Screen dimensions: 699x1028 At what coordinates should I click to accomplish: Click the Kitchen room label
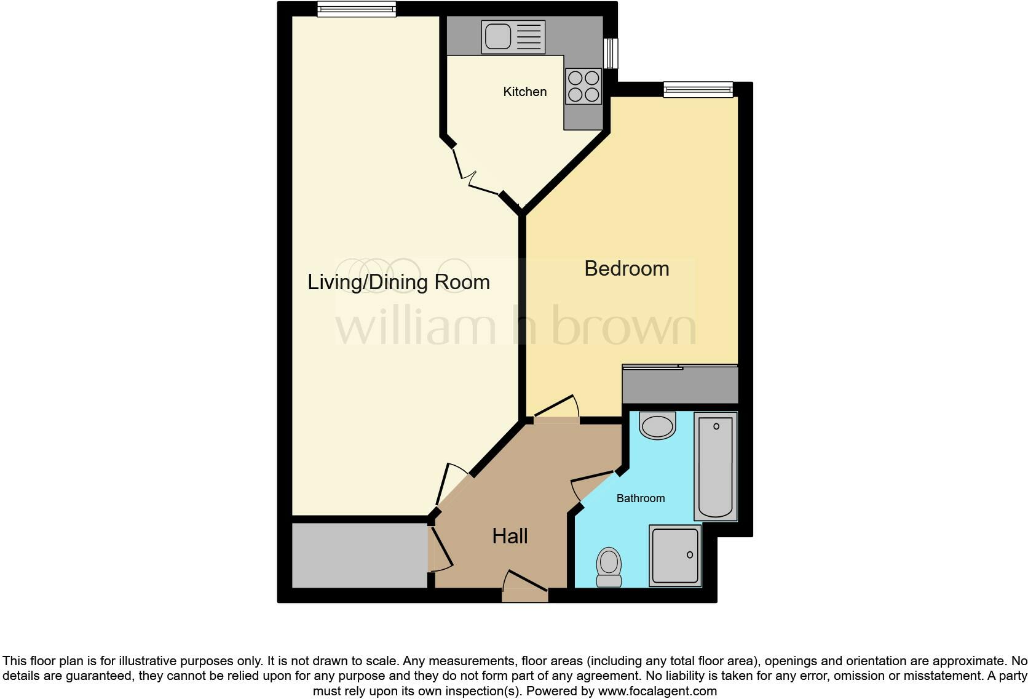point(524,92)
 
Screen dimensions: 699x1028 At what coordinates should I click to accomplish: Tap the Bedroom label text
point(627,268)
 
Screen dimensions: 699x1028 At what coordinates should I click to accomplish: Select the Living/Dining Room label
point(398,282)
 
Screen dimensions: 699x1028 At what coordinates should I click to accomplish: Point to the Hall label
point(510,536)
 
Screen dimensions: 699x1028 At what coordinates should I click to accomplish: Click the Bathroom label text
point(641,498)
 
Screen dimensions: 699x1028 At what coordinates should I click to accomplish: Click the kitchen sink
point(513,37)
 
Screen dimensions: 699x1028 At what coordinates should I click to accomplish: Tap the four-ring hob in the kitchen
point(583,86)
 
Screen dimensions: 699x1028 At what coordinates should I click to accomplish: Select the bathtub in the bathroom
point(716,466)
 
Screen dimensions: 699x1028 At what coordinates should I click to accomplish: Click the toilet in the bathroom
point(609,567)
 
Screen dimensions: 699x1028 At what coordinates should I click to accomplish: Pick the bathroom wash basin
point(657,426)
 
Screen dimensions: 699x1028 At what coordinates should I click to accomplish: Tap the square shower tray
point(675,555)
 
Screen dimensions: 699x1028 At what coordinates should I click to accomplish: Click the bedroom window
point(698,90)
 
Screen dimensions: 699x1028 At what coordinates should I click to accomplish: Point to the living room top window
point(357,9)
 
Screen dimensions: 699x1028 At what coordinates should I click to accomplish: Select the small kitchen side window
point(611,53)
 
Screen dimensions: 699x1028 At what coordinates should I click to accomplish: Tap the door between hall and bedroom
point(556,412)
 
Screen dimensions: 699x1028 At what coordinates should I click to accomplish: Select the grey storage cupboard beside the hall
point(359,555)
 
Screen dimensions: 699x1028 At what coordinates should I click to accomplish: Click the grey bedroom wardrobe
point(679,385)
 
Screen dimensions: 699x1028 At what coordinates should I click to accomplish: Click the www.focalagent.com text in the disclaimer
point(657,691)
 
